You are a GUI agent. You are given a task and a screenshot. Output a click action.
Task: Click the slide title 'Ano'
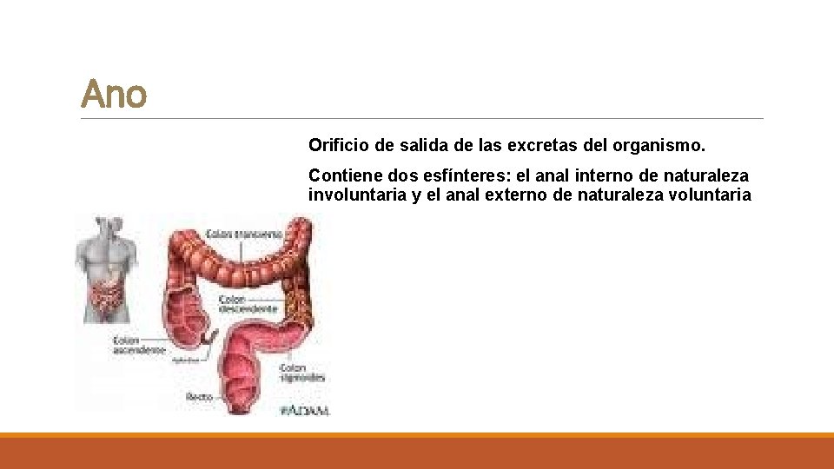(x=114, y=94)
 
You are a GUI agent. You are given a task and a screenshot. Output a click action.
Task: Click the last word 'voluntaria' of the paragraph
(x=710, y=195)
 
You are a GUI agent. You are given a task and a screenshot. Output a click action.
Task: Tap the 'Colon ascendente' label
(x=139, y=345)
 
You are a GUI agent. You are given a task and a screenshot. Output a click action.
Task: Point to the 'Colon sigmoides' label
(x=303, y=373)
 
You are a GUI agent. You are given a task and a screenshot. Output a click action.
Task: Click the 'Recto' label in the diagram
(x=199, y=397)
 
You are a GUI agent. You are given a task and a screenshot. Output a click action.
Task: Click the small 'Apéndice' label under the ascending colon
(x=186, y=359)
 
